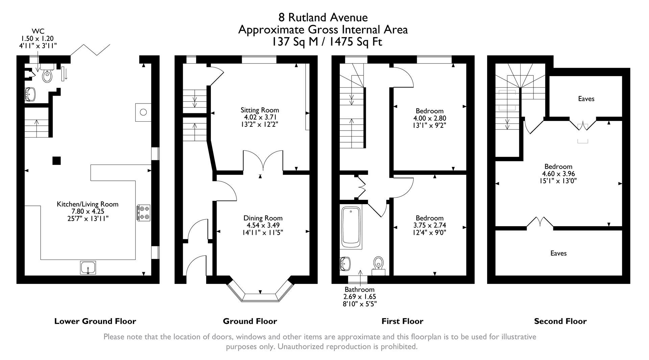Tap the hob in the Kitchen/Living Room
144,213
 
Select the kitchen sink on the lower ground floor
88,268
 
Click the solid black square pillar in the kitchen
57,160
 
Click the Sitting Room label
260,110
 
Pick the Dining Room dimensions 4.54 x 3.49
263,225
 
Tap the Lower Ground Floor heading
95,321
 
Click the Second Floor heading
560,321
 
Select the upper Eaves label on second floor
586,99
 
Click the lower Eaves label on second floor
558,253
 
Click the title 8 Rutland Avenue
323,17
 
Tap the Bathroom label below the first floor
359,289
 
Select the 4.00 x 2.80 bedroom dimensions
430,118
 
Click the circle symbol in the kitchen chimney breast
143,112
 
